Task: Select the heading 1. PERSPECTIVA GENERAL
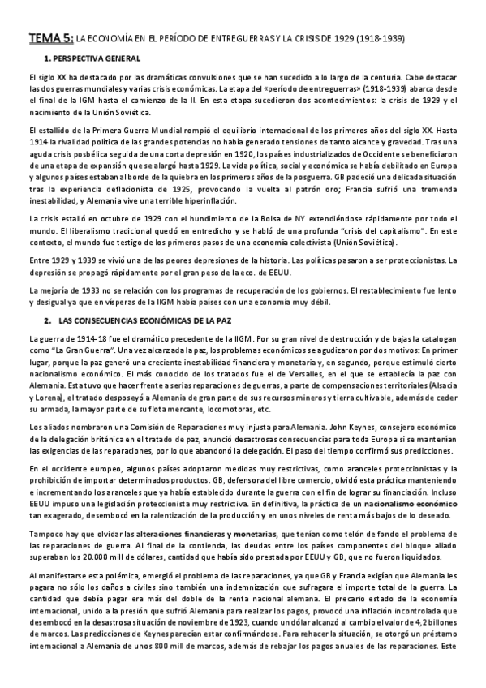92,59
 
